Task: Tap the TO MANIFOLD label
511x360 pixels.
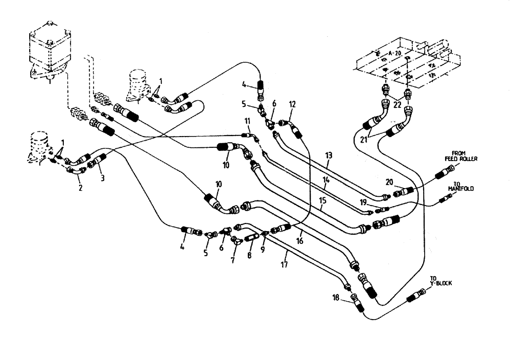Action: (x=460, y=187)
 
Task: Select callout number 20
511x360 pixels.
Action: (x=390, y=182)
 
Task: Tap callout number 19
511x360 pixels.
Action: (x=363, y=202)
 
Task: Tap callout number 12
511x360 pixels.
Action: (x=292, y=105)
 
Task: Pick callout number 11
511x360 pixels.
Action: (x=247, y=121)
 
